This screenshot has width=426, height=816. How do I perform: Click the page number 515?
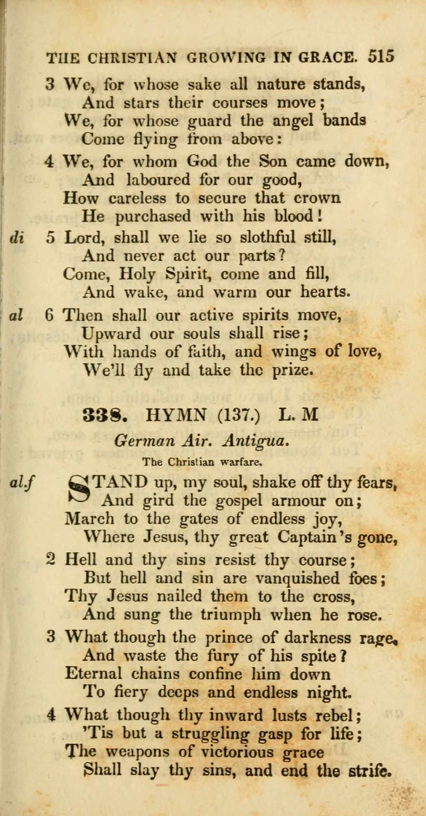click(x=381, y=56)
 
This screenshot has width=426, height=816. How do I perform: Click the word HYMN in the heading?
click(x=176, y=415)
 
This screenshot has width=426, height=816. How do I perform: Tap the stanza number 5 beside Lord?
click(x=50, y=238)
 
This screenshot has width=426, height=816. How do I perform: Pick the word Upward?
click(x=111, y=334)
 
